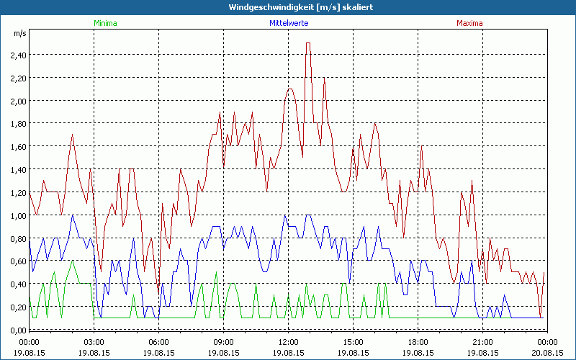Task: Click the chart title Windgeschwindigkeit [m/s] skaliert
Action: (288, 7)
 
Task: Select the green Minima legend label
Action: (105, 23)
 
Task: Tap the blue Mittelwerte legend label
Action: (287, 23)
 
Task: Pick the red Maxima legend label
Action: (470, 23)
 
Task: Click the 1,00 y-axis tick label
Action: (18, 215)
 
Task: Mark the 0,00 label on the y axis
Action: (18, 330)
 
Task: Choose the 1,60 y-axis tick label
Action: (18, 146)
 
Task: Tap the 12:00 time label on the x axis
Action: (288, 342)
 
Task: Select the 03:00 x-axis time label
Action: (94, 342)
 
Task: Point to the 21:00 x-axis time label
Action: (482, 342)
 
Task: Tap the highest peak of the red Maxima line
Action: (308, 43)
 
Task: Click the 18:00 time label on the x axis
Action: (418, 342)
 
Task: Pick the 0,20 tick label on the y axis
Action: (18, 307)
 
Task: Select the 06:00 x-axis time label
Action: (158, 342)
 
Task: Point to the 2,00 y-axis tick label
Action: (18, 101)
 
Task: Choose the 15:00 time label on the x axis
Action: (353, 342)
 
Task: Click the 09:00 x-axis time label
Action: (223, 342)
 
